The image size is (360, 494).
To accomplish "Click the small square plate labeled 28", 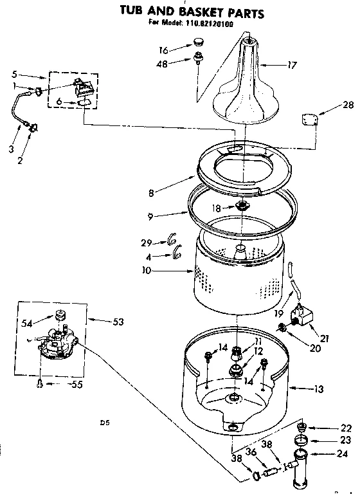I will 310,119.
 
